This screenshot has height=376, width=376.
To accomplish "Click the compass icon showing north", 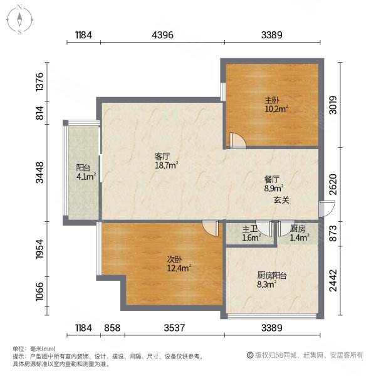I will [x=20, y=19].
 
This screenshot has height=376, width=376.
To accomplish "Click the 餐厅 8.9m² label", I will [x=274, y=182].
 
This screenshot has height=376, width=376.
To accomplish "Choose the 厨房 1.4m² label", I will [x=299, y=234].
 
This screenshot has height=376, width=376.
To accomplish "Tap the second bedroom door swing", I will [x=211, y=229].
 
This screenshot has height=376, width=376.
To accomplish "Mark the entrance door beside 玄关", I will [x=321, y=210].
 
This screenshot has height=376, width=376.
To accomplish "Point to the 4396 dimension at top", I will [x=161, y=35].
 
